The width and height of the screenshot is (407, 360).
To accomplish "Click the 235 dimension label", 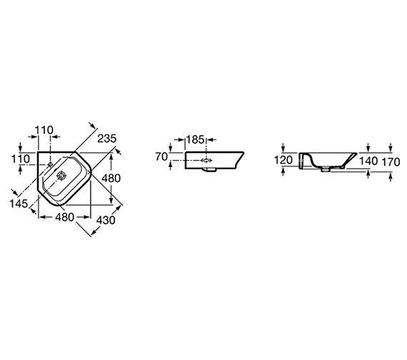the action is tap(107, 139).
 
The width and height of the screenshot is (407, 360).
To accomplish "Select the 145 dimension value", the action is tap(19, 204).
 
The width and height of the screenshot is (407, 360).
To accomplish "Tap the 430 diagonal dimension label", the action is tap(106, 220).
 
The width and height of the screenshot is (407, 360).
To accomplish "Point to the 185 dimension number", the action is tap(196, 140).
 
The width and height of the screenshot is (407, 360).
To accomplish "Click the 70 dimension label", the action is tap(161, 156).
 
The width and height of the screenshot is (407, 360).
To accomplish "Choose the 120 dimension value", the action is tap(283, 160).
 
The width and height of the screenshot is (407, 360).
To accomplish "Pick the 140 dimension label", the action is tap(368, 161).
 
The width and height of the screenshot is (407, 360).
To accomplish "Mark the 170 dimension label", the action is tap(391, 162).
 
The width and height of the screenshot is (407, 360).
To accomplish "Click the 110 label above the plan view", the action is tap(44, 130).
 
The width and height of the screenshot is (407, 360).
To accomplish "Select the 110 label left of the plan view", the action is tap(21, 159).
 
